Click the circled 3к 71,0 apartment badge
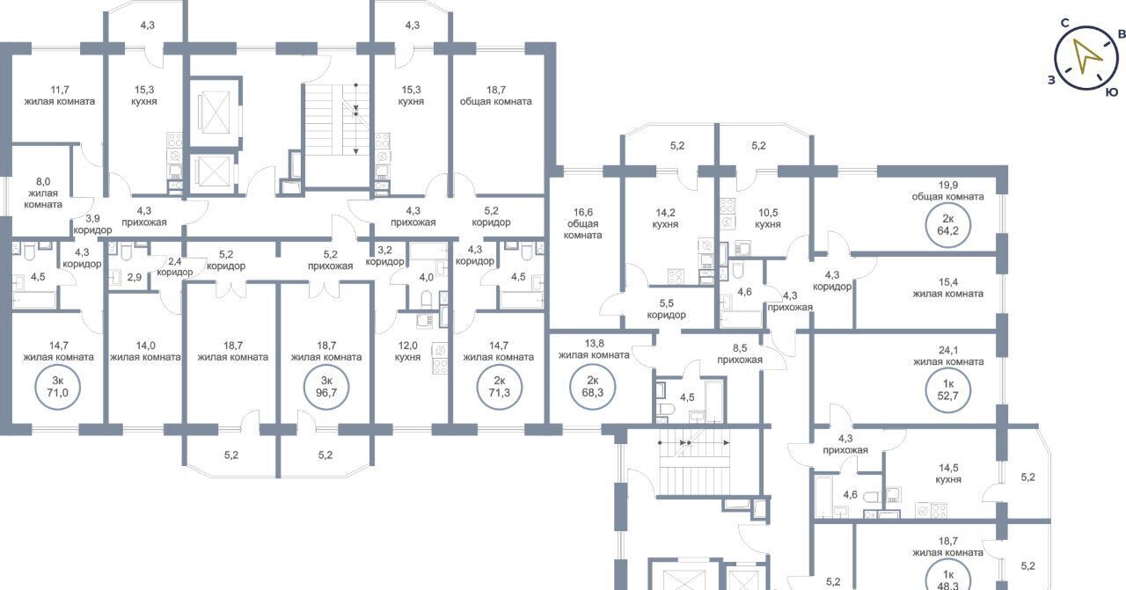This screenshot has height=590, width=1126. point(57,388)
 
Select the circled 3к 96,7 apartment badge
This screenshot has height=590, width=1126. point(326,388)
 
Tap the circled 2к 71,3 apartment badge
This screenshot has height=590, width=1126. point(499,388)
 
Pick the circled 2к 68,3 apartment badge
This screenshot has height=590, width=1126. point(593,388)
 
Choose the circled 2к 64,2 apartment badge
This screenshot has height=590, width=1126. point(948,225)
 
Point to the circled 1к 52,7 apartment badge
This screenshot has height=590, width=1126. point(948,390)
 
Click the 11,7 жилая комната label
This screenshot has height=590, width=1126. point(59,96)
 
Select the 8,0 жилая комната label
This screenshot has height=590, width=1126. point(43,193)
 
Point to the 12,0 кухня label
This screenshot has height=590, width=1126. point(407,352)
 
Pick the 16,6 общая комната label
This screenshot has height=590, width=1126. point(582,223)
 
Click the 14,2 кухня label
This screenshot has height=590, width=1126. point(665,219)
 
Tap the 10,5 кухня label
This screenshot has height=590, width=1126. point(768,219)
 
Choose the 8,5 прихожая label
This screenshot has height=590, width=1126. point(740,353)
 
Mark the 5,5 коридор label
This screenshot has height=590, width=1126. point(667,310)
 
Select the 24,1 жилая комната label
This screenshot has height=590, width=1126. point(948,356)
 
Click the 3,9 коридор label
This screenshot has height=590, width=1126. point(92,224)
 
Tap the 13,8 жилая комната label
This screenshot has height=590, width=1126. point(594,349)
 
